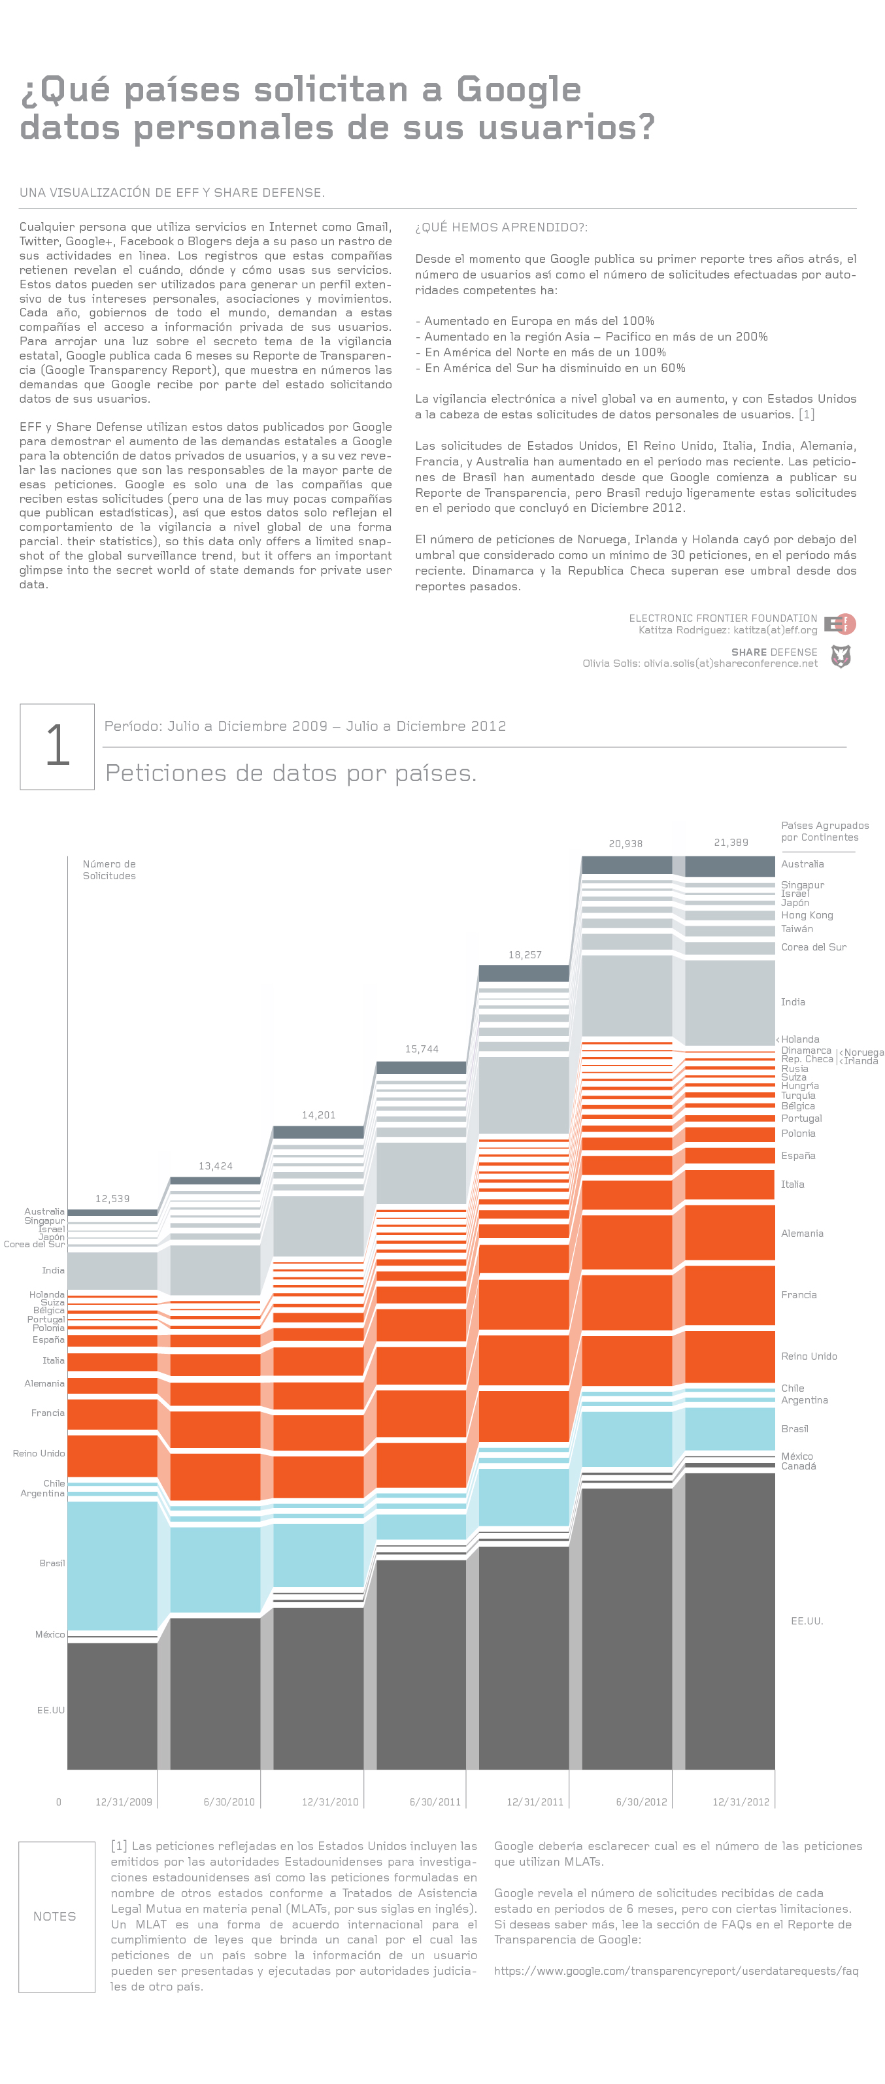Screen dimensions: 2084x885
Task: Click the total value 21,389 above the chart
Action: pos(731,842)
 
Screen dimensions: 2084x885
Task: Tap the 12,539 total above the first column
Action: pos(112,1198)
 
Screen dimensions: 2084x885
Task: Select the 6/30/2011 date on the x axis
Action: pos(435,1802)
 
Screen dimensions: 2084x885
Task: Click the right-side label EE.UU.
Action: pos(807,1621)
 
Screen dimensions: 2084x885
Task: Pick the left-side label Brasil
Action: pos(52,1563)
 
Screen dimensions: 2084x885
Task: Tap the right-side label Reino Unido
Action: pos(809,1356)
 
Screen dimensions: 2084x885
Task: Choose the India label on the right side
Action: pos(793,1001)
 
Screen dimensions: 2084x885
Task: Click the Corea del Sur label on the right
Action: pos(814,947)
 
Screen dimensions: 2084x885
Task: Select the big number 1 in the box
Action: pos(58,745)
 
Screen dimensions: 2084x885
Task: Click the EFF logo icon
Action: pos(841,624)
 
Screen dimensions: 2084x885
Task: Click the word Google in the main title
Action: pos(518,90)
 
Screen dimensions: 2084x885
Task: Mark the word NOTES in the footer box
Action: pos(55,1917)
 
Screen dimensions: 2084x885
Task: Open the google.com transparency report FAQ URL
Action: pos(676,1971)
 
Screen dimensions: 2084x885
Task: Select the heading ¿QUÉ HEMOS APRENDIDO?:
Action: pos(501,227)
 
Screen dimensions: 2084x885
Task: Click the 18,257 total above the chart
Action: pos(525,954)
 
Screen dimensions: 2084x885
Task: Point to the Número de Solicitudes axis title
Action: pos(109,869)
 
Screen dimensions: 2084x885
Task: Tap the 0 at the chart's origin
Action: pos(58,1802)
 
